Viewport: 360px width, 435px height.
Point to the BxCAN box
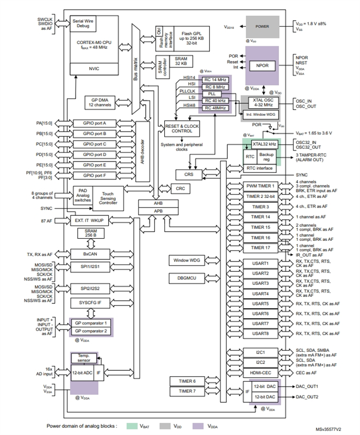click(x=90, y=254)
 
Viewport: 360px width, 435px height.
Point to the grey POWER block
click(x=262, y=26)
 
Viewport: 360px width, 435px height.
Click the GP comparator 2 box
click(x=91, y=331)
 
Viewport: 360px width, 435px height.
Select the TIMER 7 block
click(x=188, y=391)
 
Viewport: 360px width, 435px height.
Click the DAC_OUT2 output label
click(x=307, y=396)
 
